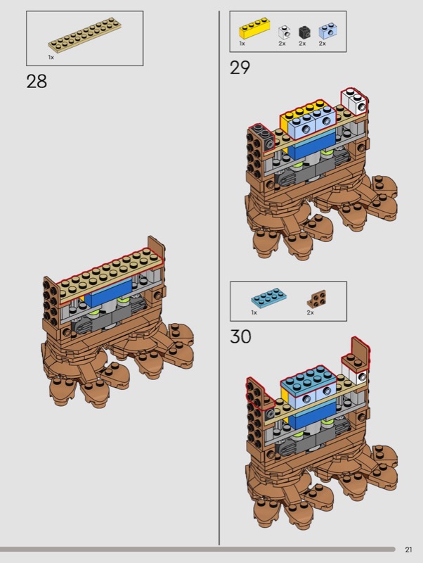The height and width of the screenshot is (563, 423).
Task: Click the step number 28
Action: coord(37,82)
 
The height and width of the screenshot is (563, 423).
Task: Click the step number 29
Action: coord(240,68)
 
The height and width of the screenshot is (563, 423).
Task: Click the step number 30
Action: coord(240,337)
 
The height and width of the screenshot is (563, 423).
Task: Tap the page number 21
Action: coord(408,550)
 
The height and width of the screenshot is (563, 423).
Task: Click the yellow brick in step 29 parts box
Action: coord(254,28)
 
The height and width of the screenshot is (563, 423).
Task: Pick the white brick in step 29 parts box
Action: coord(284,32)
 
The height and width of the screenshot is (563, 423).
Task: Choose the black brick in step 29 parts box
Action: coord(304,32)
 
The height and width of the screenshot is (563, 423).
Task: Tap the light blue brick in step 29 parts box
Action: coord(327,31)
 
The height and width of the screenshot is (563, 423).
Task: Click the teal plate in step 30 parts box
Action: coord(269,298)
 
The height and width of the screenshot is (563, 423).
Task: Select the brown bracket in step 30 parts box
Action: coord(317,299)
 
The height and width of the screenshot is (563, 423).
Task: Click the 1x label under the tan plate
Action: coord(51,57)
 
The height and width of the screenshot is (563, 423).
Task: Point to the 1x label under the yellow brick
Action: coord(242,44)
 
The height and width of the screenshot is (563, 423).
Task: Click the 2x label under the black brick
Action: coord(302,44)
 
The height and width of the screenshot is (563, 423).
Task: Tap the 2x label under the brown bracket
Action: coord(311,312)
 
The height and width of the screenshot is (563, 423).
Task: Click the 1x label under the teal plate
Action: coord(254,312)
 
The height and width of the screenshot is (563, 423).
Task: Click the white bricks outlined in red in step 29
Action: coord(355,100)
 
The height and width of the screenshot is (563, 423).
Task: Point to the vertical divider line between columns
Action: coord(219,277)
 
